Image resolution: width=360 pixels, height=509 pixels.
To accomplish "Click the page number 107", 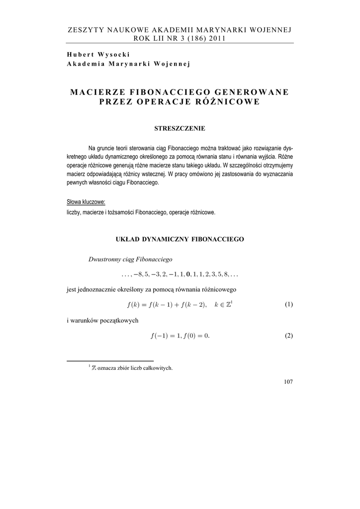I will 288,382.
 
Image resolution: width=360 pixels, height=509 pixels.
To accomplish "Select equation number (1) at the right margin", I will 289,305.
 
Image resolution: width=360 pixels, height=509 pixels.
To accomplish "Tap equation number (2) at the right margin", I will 289,336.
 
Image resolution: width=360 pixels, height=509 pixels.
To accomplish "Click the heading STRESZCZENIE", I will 180,128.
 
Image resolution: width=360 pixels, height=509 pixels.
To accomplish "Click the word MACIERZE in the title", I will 100,92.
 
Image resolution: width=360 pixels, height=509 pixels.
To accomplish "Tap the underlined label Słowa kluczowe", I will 86,202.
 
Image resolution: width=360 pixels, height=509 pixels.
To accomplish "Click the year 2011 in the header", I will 216,39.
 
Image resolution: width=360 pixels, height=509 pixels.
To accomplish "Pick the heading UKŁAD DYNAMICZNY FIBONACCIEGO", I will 180,239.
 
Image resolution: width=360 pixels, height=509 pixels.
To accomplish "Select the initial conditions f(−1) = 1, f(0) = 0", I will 180,336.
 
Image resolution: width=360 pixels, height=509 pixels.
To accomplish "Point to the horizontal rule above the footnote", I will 110,360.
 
